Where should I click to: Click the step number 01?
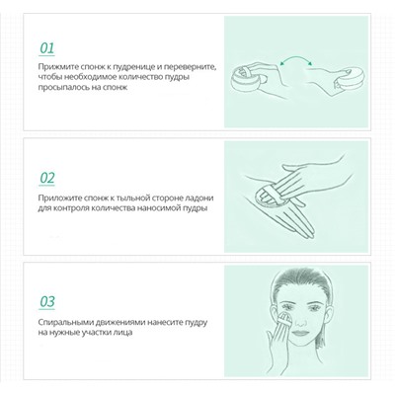[47, 47]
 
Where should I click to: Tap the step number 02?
[47, 178]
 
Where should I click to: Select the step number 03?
[47, 301]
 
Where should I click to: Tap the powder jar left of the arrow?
[245, 78]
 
